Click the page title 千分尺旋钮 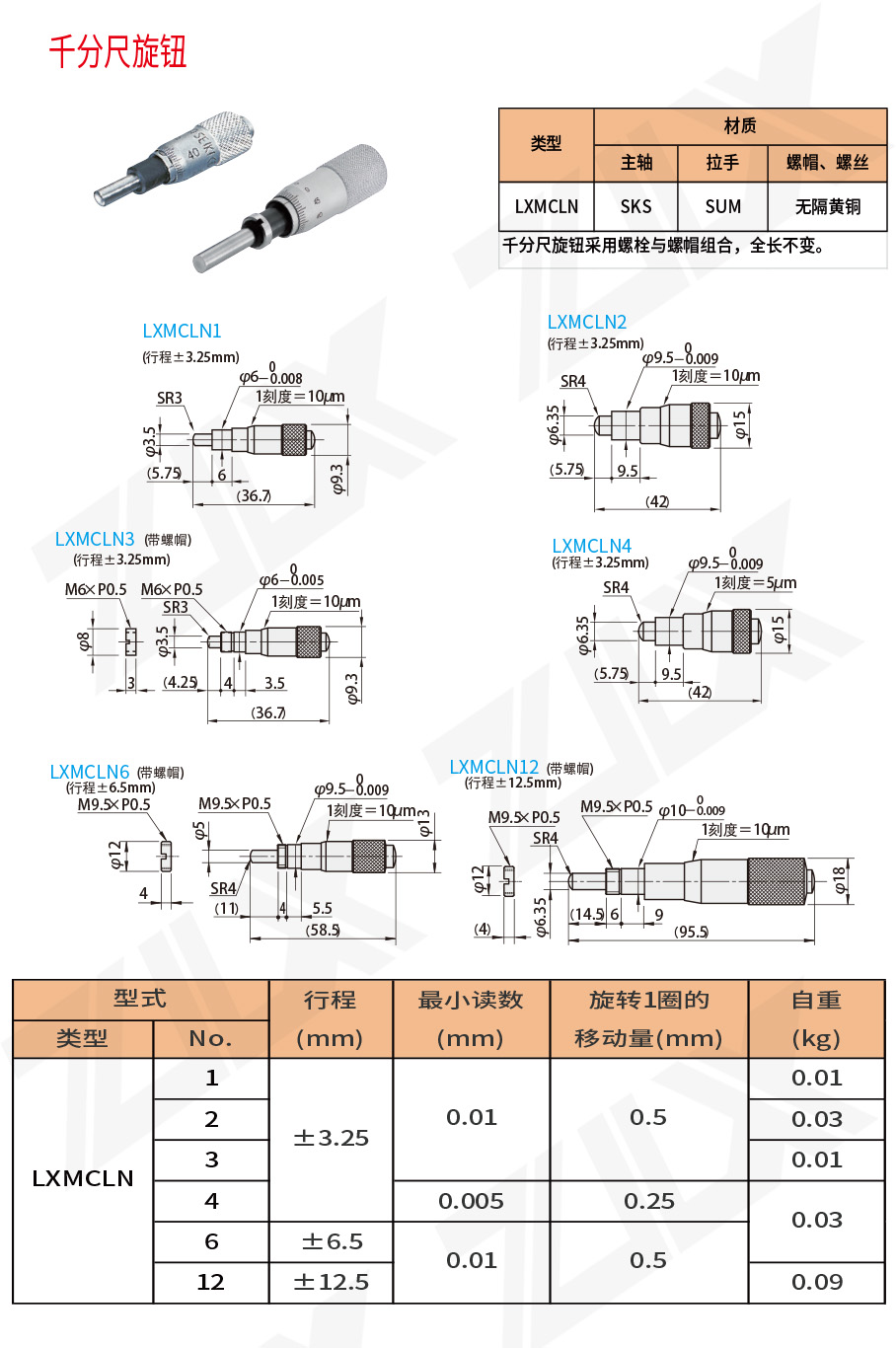click(x=117, y=51)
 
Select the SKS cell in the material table click(x=635, y=206)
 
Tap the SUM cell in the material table click(x=722, y=206)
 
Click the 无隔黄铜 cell click(x=827, y=206)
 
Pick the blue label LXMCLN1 click(x=182, y=332)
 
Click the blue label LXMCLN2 click(x=586, y=323)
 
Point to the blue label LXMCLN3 click(x=95, y=540)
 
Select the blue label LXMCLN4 click(x=591, y=547)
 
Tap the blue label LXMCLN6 click(x=90, y=773)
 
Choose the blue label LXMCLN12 click(x=493, y=768)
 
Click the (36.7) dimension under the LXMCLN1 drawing click(x=254, y=496)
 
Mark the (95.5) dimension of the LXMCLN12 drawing click(x=691, y=933)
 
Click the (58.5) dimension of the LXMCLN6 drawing click(x=323, y=931)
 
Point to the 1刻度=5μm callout click(x=755, y=583)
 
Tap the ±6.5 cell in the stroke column click(x=332, y=1241)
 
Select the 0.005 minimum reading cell click(x=471, y=1201)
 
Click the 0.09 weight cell click(x=816, y=1282)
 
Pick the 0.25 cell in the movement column click(x=648, y=1201)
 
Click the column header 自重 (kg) click(x=816, y=1019)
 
